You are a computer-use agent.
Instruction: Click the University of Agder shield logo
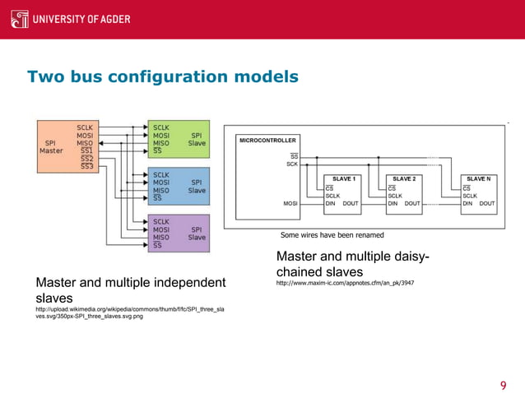[19, 18]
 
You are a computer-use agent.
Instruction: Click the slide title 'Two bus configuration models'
[163, 77]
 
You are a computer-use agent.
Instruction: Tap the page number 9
[504, 364]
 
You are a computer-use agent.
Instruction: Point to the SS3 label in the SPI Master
[86, 166]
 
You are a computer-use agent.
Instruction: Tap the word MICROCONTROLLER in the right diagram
[268, 141]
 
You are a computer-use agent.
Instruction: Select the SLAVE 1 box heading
[343, 178]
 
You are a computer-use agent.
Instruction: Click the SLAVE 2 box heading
[404, 178]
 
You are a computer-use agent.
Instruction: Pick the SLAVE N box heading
[477, 178]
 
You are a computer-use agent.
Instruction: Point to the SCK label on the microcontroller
[291, 164]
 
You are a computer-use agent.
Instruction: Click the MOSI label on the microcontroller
[290, 203]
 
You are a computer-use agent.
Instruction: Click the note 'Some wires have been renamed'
[332, 235]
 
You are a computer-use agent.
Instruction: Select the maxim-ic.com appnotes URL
[345, 283]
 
